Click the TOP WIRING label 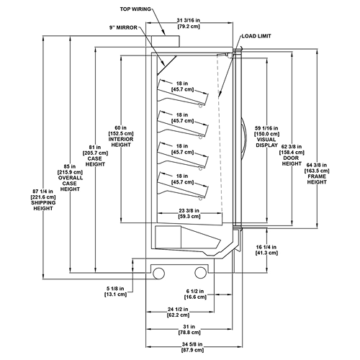click(x=135, y=9)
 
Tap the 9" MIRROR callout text click(x=123, y=27)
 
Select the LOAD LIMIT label click(x=256, y=36)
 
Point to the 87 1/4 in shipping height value click(x=43, y=192)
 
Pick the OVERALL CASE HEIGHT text click(x=70, y=184)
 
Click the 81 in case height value click(x=95, y=147)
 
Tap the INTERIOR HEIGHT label click(x=121, y=142)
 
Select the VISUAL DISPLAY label click(x=267, y=143)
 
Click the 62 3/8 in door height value click(x=292, y=146)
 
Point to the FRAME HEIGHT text click(x=317, y=179)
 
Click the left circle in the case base click(x=159, y=273)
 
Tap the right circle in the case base click(x=201, y=273)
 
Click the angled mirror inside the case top click(x=167, y=66)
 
